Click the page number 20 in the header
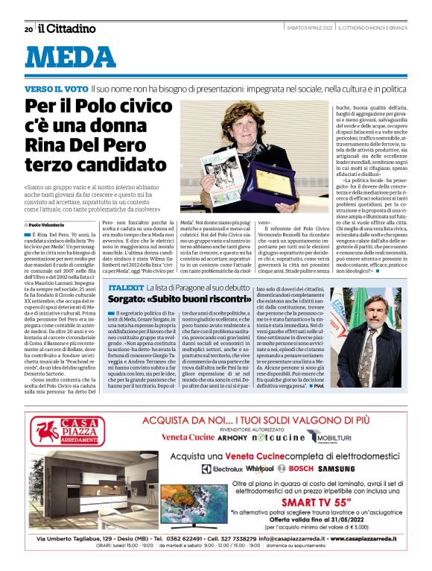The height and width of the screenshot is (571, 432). pos(28,29)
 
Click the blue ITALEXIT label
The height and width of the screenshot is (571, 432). pos(125,286)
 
